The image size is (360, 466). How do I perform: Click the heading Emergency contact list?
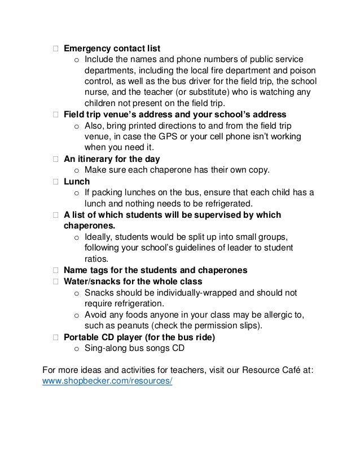click(112, 48)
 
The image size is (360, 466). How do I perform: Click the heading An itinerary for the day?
click(112, 159)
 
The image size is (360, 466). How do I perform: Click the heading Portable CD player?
click(139, 337)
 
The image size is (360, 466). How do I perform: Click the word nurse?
click(95, 93)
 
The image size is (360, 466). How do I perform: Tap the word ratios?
click(95, 260)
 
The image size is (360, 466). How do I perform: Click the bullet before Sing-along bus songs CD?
click(77, 349)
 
